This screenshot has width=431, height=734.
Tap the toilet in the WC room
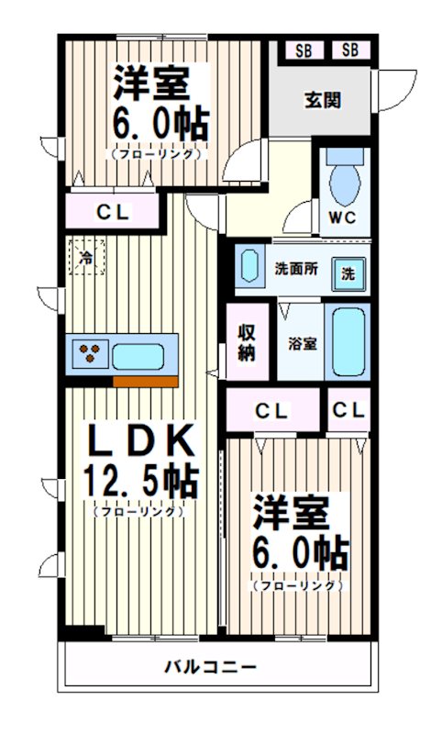coord(345,180)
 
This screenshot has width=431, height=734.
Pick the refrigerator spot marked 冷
coord(85,258)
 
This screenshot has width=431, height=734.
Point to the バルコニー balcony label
coord(211,665)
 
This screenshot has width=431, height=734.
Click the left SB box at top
coord(303,50)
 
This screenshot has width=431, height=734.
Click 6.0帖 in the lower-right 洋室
coord(300,552)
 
